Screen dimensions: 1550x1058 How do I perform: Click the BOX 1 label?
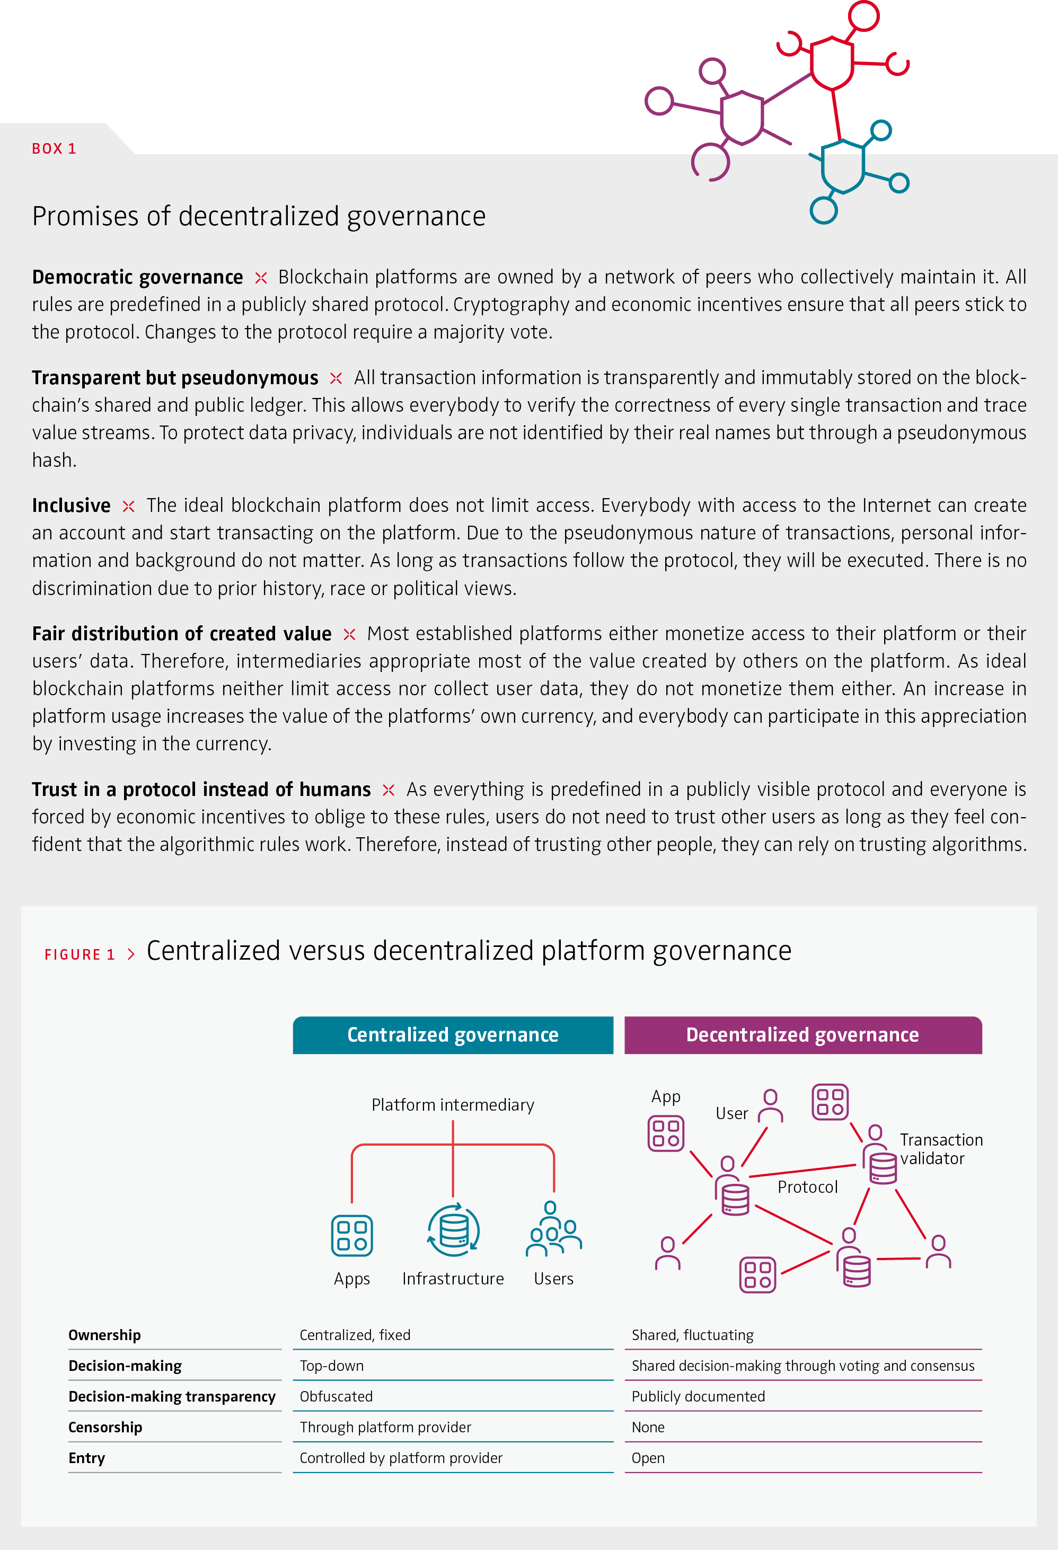coord(54,149)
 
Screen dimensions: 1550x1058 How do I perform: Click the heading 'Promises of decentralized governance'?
coord(259,217)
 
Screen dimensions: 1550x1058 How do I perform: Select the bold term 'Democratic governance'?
coord(137,277)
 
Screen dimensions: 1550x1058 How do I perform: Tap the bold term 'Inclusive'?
coord(72,506)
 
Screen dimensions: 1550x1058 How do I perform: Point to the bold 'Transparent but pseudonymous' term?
coord(175,378)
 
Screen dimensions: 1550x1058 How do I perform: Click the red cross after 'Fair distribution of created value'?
coord(349,634)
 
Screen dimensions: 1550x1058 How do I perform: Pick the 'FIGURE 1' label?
coord(80,954)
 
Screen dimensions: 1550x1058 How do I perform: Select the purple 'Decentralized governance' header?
coord(803,1034)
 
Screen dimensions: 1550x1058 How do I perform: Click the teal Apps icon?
coord(351,1235)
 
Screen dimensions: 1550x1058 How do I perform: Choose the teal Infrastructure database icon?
coord(454,1230)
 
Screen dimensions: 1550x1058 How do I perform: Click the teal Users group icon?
coord(553,1230)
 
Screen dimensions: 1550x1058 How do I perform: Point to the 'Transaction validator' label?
coord(941,1148)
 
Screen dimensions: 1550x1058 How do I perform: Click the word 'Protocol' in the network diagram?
coord(807,1187)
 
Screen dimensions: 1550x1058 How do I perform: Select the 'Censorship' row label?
coord(105,1427)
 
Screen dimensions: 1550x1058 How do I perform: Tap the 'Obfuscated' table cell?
coord(336,1397)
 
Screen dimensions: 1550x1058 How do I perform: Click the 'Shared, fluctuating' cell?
coord(692,1335)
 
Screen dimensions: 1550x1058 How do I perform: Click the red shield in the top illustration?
coord(831,63)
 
